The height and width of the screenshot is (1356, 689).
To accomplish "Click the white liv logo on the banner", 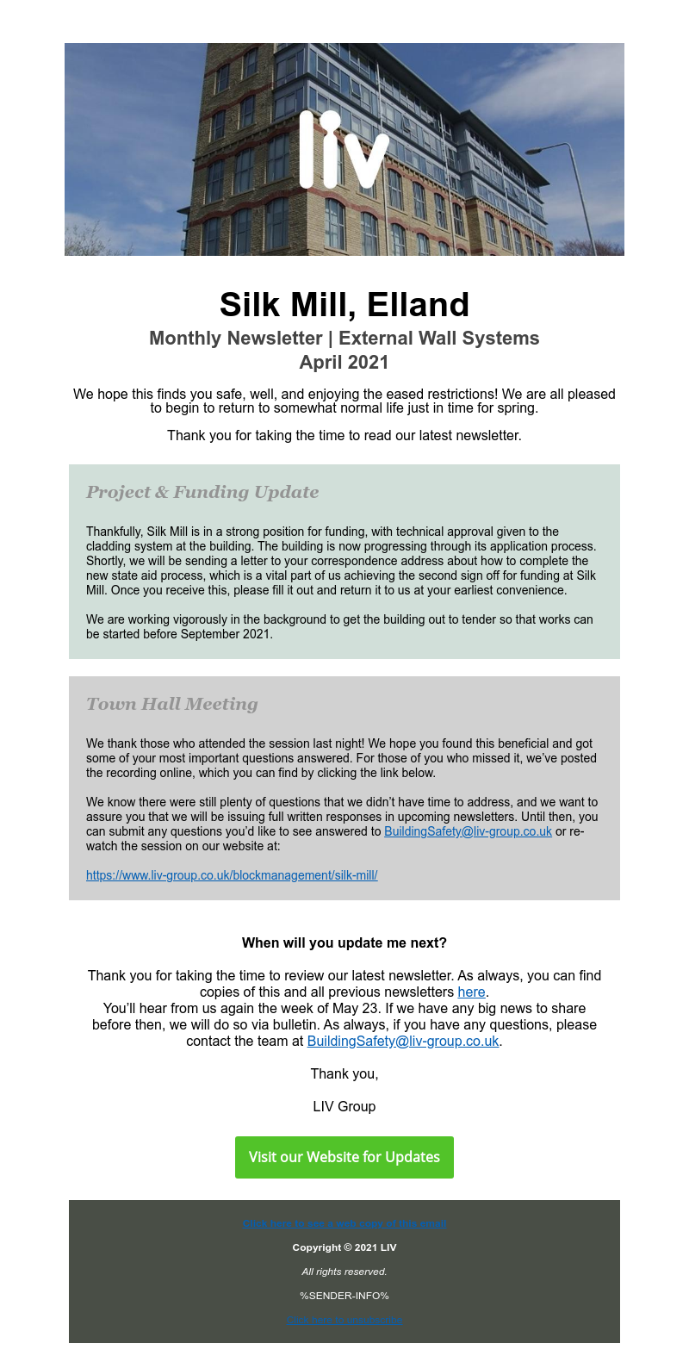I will (x=344, y=150).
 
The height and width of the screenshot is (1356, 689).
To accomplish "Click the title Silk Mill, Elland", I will (x=344, y=305).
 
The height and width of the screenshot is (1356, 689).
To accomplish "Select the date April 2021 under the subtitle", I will (x=344, y=362).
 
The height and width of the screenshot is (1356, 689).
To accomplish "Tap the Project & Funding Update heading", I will (x=202, y=492).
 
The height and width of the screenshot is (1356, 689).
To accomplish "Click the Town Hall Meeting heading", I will (x=172, y=704).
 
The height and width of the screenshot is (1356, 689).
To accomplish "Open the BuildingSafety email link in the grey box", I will (x=468, y=831).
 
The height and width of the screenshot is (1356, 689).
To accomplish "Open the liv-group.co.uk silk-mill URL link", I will (x=232, y=875).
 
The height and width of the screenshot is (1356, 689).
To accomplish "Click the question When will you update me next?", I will (x=344, y=942).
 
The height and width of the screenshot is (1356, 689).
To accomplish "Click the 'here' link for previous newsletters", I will (x=471, y=992).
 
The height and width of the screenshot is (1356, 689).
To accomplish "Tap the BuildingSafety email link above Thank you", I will (x=403, y=1041).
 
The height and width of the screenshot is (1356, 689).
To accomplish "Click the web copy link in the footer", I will (x=344, y=1223).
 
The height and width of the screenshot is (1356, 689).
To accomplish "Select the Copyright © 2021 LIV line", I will (x=344, y=1247).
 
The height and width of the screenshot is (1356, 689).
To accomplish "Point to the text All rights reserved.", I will (x=344, y=1272).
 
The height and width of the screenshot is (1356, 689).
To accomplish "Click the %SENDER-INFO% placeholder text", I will (x=344, y=1296).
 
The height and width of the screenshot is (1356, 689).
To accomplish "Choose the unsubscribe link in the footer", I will (x=344, y=1320).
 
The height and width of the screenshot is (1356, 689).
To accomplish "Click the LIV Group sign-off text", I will (x=344, y=1106).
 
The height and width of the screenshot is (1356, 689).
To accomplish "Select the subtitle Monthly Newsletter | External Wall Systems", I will (x=344, y=338).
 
